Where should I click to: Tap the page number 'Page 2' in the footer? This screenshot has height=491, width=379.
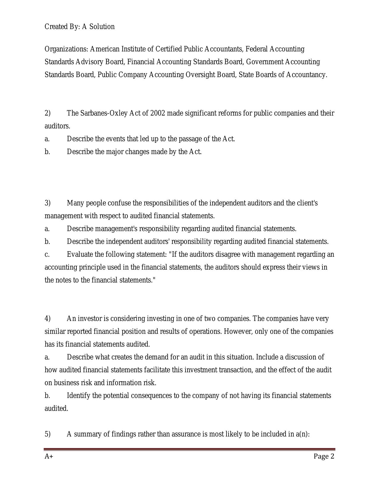click(324, 456)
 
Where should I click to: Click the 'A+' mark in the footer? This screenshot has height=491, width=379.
click(49, 456)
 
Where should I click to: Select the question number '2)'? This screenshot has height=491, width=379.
click(48, 113)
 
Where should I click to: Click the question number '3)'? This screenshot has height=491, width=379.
click(48, 203)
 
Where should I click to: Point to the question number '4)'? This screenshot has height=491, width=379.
click(48, 319)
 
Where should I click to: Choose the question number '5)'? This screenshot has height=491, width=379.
click(48, 434)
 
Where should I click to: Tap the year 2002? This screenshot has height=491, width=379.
click(158, 113)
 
